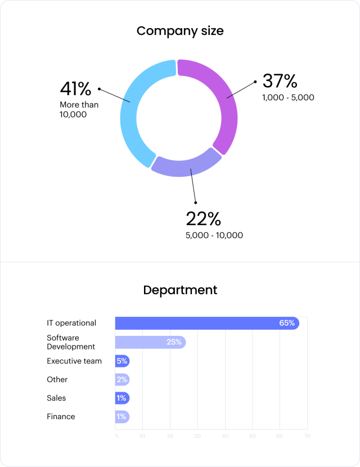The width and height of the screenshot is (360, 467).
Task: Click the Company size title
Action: point(180,31)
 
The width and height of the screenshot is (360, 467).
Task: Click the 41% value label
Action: point(75,89)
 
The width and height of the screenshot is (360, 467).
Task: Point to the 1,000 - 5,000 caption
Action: point(288,97)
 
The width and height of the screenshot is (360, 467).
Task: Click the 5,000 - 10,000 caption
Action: point(214,235)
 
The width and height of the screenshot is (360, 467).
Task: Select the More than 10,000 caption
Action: point(79,109)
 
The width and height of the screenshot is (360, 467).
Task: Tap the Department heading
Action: point(180,290)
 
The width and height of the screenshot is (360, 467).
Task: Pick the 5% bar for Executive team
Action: point(122,361)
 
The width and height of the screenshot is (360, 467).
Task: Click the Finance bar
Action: point(122,416)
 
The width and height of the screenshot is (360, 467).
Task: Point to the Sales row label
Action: point(56,398)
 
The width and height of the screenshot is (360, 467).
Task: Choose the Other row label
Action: point(57,379)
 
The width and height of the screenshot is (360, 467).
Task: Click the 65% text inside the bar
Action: point(287,323)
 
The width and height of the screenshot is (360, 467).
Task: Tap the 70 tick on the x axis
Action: point(307,435)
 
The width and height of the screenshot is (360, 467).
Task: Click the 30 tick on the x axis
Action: point(197,435)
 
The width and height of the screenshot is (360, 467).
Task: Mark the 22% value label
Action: point(204,219)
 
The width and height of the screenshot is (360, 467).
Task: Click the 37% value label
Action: point(280,82)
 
